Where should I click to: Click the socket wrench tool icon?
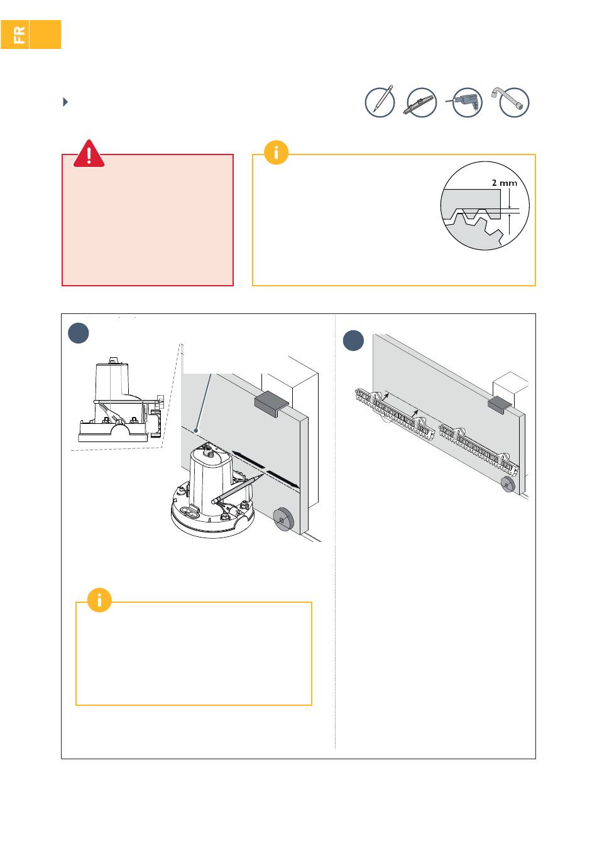pyautogui.click(x=511, y=102)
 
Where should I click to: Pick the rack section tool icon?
pyautogui.click(x=420, y=102)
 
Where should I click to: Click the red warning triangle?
pyautogui.click(x=89, y=154)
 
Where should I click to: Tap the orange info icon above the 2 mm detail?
pyautogui.click(x=276, y=153)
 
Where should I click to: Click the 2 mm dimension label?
pyautogui.click(x=504, y=183)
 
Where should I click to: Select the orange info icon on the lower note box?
pyautogui.click(x=99, y=600)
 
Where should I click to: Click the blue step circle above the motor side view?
pyautogui.click(x=79, y=333)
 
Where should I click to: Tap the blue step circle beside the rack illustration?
pyautogui.click(x=353, y=340)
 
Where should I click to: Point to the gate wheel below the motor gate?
pyautogui.click(x=283, y=519)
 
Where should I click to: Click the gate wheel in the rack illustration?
pyautogui.click(x=508, y=484)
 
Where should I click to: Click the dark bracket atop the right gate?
pyautogui.click(x=500, y=405)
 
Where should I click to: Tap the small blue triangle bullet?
pyautogui.click(x=65, y=102)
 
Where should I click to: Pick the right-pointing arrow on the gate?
pyautogui.click(x=283, y=479)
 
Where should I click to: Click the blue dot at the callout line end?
pyautogui.click(x=195, y=430)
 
